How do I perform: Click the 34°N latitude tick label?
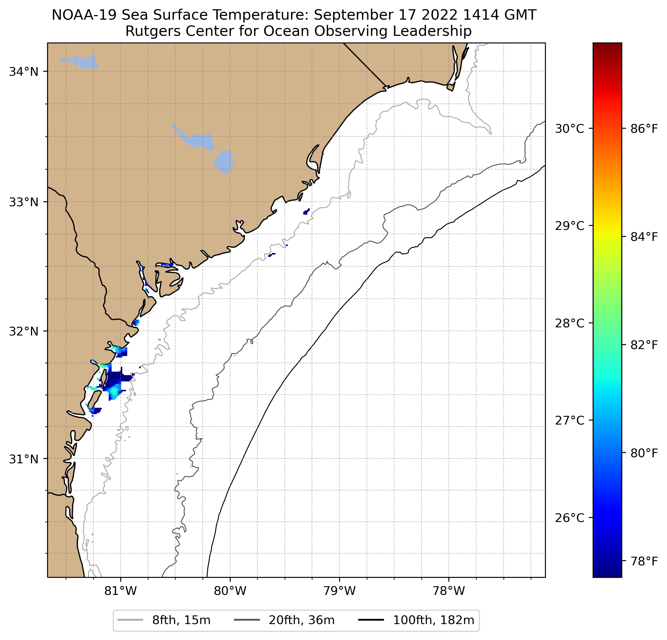(23, 72)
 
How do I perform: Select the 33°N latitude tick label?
(23, 202)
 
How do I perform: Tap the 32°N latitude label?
(23, 331)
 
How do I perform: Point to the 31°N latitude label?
(23, 459)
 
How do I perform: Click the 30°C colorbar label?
(569, 129)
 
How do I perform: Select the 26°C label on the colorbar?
(569, 518)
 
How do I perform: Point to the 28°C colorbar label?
(569, 323)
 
